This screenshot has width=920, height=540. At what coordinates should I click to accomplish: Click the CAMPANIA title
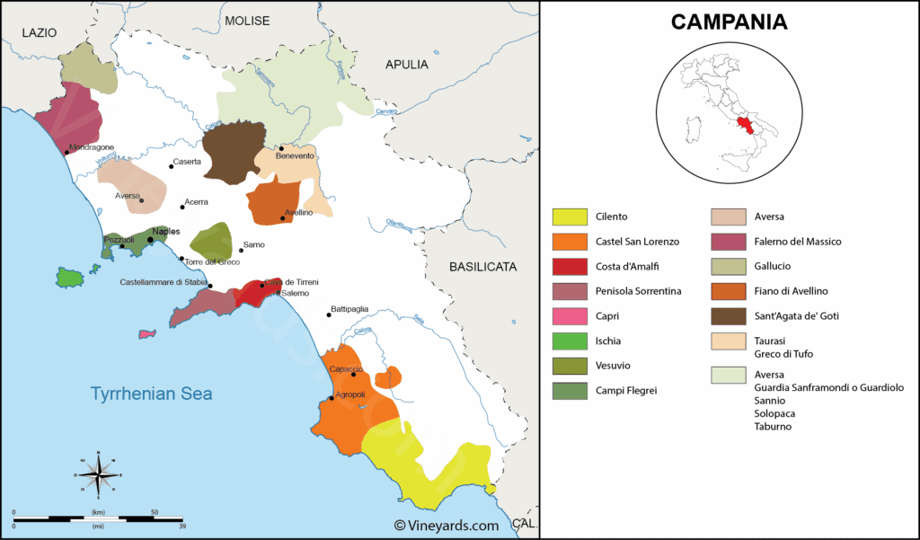coord(729,22)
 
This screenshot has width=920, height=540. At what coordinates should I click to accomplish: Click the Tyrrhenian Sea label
coord(151,393)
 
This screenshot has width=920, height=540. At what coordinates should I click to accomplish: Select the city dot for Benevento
coord(281,148)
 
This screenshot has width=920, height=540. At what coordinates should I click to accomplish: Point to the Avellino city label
coord(298,212)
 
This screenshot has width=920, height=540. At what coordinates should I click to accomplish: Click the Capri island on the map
coord(146,334)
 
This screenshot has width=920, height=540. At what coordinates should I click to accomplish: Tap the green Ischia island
coord(68,277)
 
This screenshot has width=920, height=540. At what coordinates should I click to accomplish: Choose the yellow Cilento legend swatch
coord(569,217)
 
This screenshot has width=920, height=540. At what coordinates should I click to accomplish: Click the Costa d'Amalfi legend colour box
coord(569,266)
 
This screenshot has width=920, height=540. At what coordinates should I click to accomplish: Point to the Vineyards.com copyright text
coord(447,526)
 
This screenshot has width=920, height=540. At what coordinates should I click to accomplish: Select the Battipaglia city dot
coord(328,314)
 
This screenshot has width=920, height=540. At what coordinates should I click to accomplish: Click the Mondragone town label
coord(92,146)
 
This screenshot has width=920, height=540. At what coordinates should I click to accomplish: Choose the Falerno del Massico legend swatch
coord(729,242)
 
